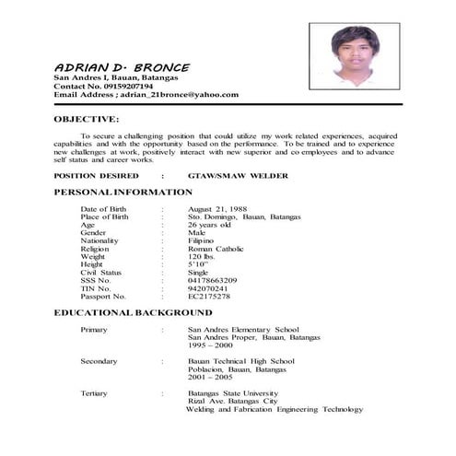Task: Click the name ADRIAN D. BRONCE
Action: (122, 67)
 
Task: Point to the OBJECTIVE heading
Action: (86, 119)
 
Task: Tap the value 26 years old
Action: (209, 225)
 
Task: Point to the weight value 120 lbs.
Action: (202, 257)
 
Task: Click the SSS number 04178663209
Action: (212, 280)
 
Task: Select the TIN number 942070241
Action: (208, 288)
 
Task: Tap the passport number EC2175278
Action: (209, 297)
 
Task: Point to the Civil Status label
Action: (100, 273)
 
